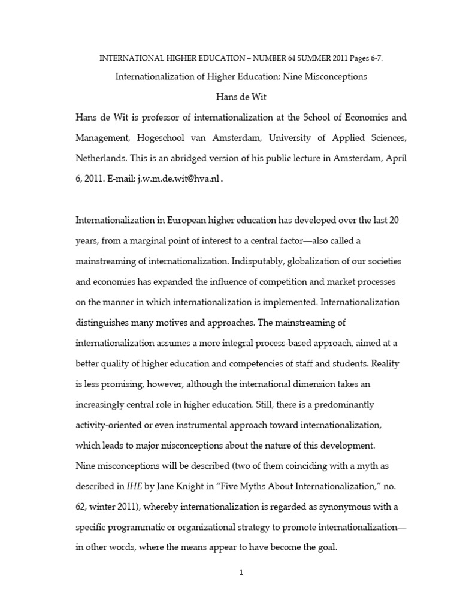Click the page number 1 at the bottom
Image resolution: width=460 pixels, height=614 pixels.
click(x=241, y=572)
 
